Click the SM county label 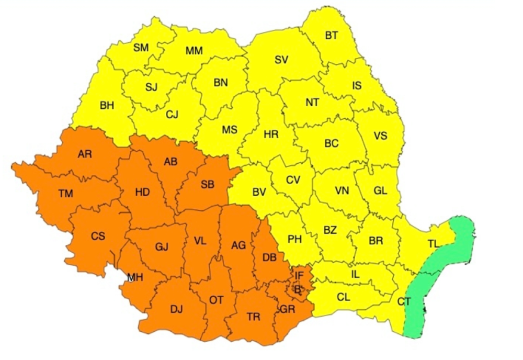tap(141, 48)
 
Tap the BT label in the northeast tap(331, 36)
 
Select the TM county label tap(65, 194)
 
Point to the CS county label tap(98, 236)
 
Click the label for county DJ tap(176, 309)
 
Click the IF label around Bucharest tap(299, 274)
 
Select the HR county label tap(271, 134)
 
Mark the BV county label tap(259, 192)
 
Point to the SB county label tap(207, 184)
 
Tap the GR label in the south tap(288, 309)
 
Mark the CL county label tap(343, 297)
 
